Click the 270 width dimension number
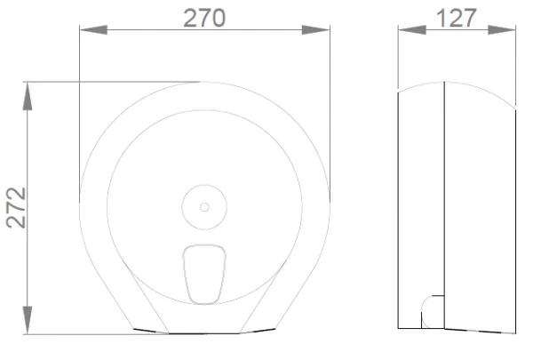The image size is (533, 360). tap(204, 18)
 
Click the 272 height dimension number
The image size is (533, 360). tap(16, 207)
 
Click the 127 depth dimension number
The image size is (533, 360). tap(457, 18)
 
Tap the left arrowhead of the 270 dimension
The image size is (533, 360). tap(93, 30)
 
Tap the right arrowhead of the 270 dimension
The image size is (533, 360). tap(315, 30)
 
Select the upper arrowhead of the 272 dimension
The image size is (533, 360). tap(28, 96)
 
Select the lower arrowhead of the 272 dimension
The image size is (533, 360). tap(28, 320)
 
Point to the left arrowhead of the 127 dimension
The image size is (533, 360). tap(412, 30)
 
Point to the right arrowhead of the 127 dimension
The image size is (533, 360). tap(502, 30)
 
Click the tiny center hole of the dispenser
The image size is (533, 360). tap(204, 207)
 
